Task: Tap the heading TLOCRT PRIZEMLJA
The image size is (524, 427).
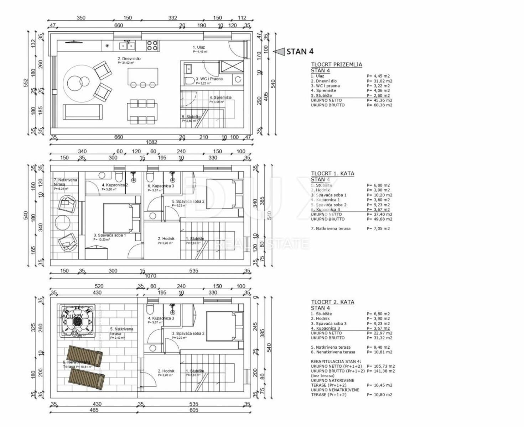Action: tap(336, 65)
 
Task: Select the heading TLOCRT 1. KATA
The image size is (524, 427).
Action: tap(332, 174)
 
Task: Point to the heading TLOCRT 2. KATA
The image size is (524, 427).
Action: tap(332, 302)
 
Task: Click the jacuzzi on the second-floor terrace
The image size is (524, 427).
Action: tap(77, 321)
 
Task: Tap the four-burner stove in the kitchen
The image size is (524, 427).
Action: tap(152, 45)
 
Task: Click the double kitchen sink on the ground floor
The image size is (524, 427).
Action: tap(127, 46)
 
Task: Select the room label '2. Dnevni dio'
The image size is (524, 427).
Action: tap(129, 59)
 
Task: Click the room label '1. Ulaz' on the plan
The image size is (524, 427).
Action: tap(199, 47)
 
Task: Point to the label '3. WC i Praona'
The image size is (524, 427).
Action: tap(209, 79)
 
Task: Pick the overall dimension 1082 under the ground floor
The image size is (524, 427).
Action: tap(151, 142)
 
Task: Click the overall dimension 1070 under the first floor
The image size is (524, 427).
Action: tap(150, 276)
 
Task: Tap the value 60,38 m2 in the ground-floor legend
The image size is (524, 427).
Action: tap(379, 105)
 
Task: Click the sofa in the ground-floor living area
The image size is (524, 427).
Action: tap(83, 112)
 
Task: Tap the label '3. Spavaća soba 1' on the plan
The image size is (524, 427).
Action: tap(109, 235)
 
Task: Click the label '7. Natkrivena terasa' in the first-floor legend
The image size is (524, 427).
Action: tap(331, 229)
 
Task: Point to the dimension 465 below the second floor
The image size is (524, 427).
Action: tap(94, 410)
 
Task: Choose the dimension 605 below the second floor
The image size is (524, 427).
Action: tap(194, 410)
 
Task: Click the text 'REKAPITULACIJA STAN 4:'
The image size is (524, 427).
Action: tap(336, 362)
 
